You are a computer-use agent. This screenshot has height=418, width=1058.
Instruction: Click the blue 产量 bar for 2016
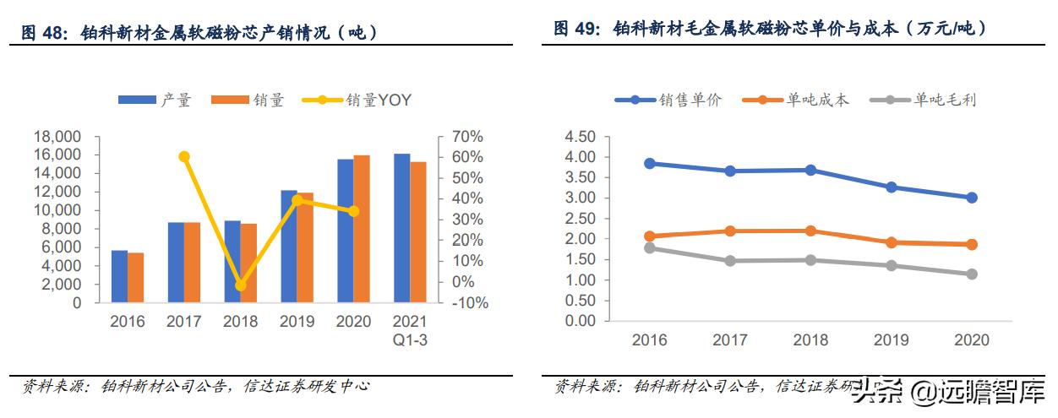point(119,276)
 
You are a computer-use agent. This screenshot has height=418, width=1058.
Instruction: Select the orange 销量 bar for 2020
point(361,229)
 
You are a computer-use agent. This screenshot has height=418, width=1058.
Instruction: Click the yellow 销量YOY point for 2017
point(184,156)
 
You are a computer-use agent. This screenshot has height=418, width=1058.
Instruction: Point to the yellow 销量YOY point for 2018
point(241,285)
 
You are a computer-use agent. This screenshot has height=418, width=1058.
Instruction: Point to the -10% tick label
point(466,302)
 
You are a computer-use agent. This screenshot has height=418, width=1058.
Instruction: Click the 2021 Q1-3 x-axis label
point(410,329)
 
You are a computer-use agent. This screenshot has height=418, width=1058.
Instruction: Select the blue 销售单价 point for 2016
point(650,163)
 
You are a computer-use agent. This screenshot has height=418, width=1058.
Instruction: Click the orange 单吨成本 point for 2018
point(810,231)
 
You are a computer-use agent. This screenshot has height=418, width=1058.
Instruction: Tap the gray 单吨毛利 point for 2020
point(972,274)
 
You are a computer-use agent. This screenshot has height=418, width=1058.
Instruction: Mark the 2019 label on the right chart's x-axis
point(891,340)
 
